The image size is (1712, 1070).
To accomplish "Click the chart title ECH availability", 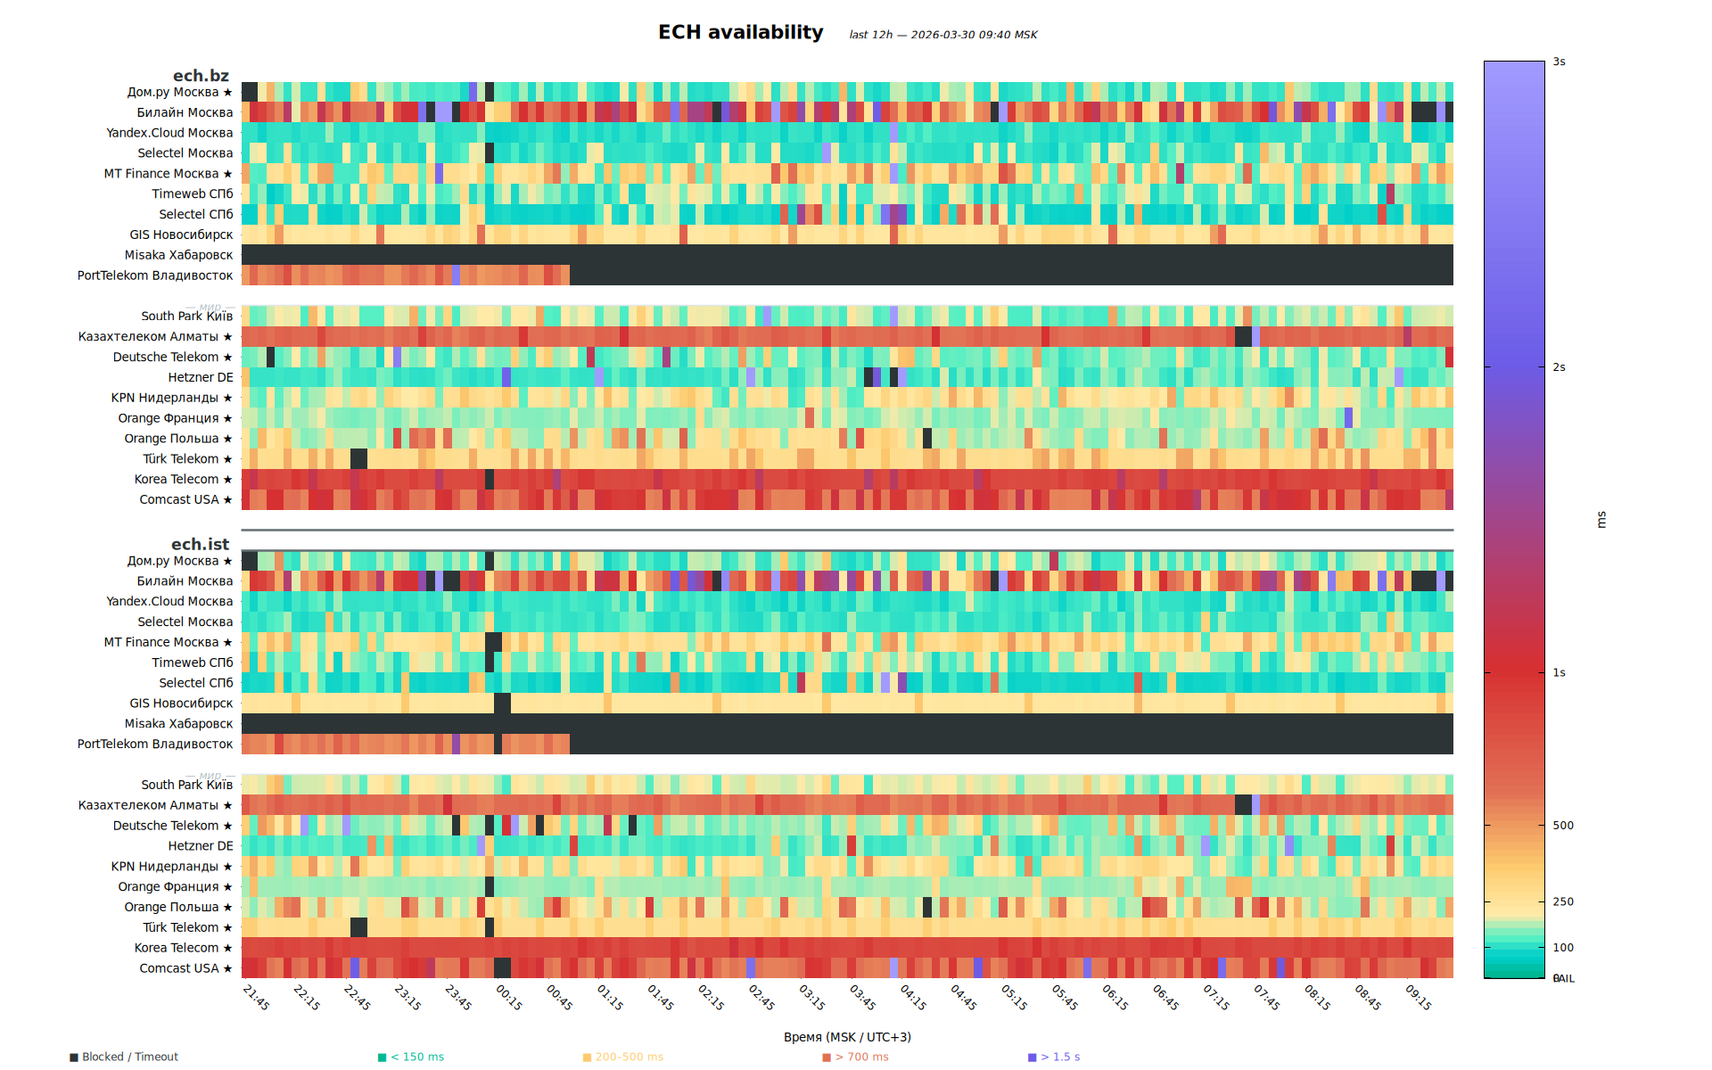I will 740,32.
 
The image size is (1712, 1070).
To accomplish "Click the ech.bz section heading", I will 201,76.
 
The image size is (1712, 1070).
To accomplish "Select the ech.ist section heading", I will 200,544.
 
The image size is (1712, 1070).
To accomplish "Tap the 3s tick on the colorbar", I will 1559,62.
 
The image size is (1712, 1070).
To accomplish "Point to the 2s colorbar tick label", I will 1559,367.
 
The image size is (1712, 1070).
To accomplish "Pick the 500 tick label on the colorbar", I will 1562,826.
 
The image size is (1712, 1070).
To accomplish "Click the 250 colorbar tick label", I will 1562,901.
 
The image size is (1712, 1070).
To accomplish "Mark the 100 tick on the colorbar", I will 1562,948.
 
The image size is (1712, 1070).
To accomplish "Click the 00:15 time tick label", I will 509,997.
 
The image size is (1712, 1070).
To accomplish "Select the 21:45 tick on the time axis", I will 256,997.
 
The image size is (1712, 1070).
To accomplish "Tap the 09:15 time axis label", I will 1419,997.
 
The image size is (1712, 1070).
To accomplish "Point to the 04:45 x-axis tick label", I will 963,997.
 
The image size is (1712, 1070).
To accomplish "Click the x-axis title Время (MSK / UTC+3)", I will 847,1037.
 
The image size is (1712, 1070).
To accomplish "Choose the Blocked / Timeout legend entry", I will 129,1057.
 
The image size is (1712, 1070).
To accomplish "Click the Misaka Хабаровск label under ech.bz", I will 178,255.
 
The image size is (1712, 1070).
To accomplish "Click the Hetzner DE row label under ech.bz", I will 201,377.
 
